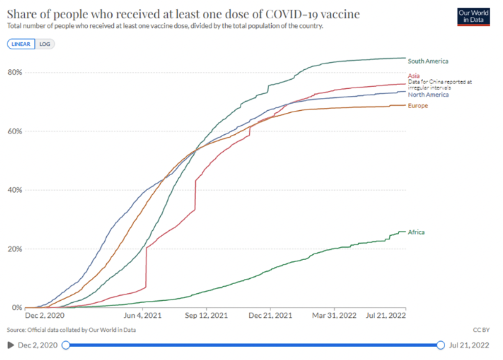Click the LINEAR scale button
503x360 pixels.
coord(21,44)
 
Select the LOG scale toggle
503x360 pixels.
coord(45,44)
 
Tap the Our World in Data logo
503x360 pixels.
coord(473,17)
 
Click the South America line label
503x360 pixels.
coord(428,61)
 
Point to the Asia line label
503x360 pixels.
coord(414,75)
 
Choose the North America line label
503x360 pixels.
coord(428,94)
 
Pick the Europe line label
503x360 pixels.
coord(418,106)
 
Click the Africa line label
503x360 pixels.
coord(416,232)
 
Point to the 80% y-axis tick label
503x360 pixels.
coord(15,72)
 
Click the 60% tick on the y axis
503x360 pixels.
coord(15,131)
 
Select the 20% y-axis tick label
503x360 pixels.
coord(15,249)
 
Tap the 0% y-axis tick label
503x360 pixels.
coord(17,308)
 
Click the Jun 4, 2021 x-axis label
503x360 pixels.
coord(143,315)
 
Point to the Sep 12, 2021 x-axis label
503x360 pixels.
coord(206,315)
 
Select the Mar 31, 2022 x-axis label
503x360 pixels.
coord(334,315)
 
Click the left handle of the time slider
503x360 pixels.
coord(66,345)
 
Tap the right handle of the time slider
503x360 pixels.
coord(440,345)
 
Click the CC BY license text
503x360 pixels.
coord(481,330)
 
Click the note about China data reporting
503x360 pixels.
coord(440,85)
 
